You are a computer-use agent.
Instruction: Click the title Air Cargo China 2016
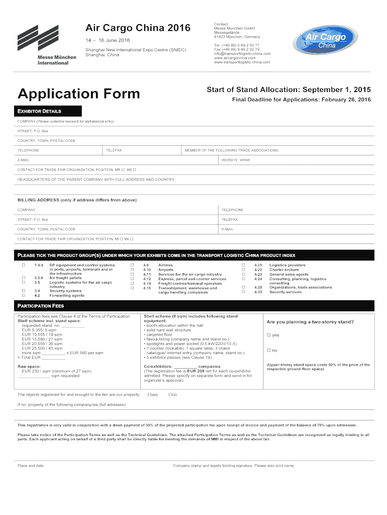pyautogui.click(x=137, y=28)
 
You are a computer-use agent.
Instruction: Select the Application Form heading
pyautogui.click(x=79, y=94)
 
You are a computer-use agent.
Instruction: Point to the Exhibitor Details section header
pyautogui.click(x=40, y=111)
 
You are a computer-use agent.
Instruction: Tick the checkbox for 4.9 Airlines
pyautogui.click(x=133, y=265)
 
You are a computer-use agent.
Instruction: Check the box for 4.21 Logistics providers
pyautogui.click(x=243, y=265)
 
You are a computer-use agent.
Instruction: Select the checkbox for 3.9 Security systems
pyautogui.click(x=23, y=291)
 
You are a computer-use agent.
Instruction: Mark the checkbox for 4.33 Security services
pyautogui.click(x=243, y=292)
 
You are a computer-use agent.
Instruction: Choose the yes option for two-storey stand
pyautogui.click(x=269, y=335)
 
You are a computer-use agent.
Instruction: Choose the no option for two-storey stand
pyautogui.click(x=269, y=350)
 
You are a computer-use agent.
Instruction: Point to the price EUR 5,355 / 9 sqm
pyautogui.click(x=42, y=330)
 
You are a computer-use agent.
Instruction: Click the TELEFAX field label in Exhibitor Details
pyautogui.click(x=114, y=150)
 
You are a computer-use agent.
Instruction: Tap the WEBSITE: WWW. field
pyautogui.click(x=236, y=160)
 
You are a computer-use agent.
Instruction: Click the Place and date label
pyautogui.click(x=31, y=466)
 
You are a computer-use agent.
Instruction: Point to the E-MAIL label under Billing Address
pyautogui.click(x=227, y=229)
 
